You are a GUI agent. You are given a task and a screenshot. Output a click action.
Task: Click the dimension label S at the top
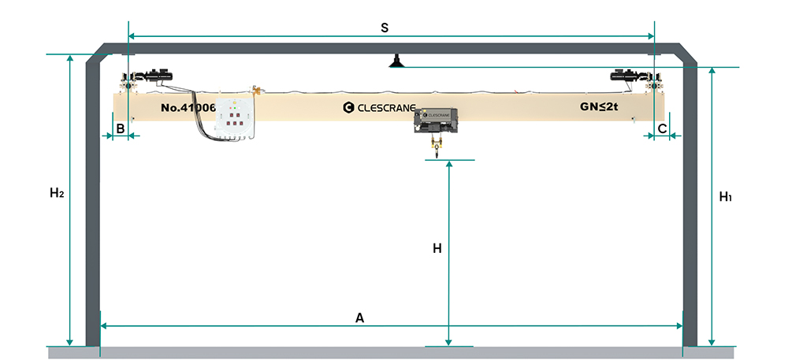click(x=384, y=28)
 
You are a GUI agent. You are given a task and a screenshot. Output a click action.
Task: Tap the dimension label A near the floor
click(x=359, y=317)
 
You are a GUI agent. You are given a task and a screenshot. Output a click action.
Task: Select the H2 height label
click(x=56, y=193)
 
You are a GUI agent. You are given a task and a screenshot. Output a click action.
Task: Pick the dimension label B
click(x=121, y=127)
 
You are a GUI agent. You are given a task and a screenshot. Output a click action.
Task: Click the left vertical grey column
click(x=92, y=205)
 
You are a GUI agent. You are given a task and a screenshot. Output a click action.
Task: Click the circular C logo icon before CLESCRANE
click(x=348, y=106)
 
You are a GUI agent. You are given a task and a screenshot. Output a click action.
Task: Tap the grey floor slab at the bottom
click(x=394, y=353)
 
